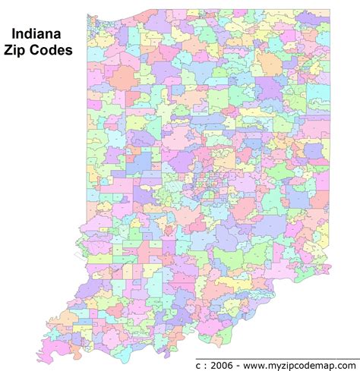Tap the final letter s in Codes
coord(71,51)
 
